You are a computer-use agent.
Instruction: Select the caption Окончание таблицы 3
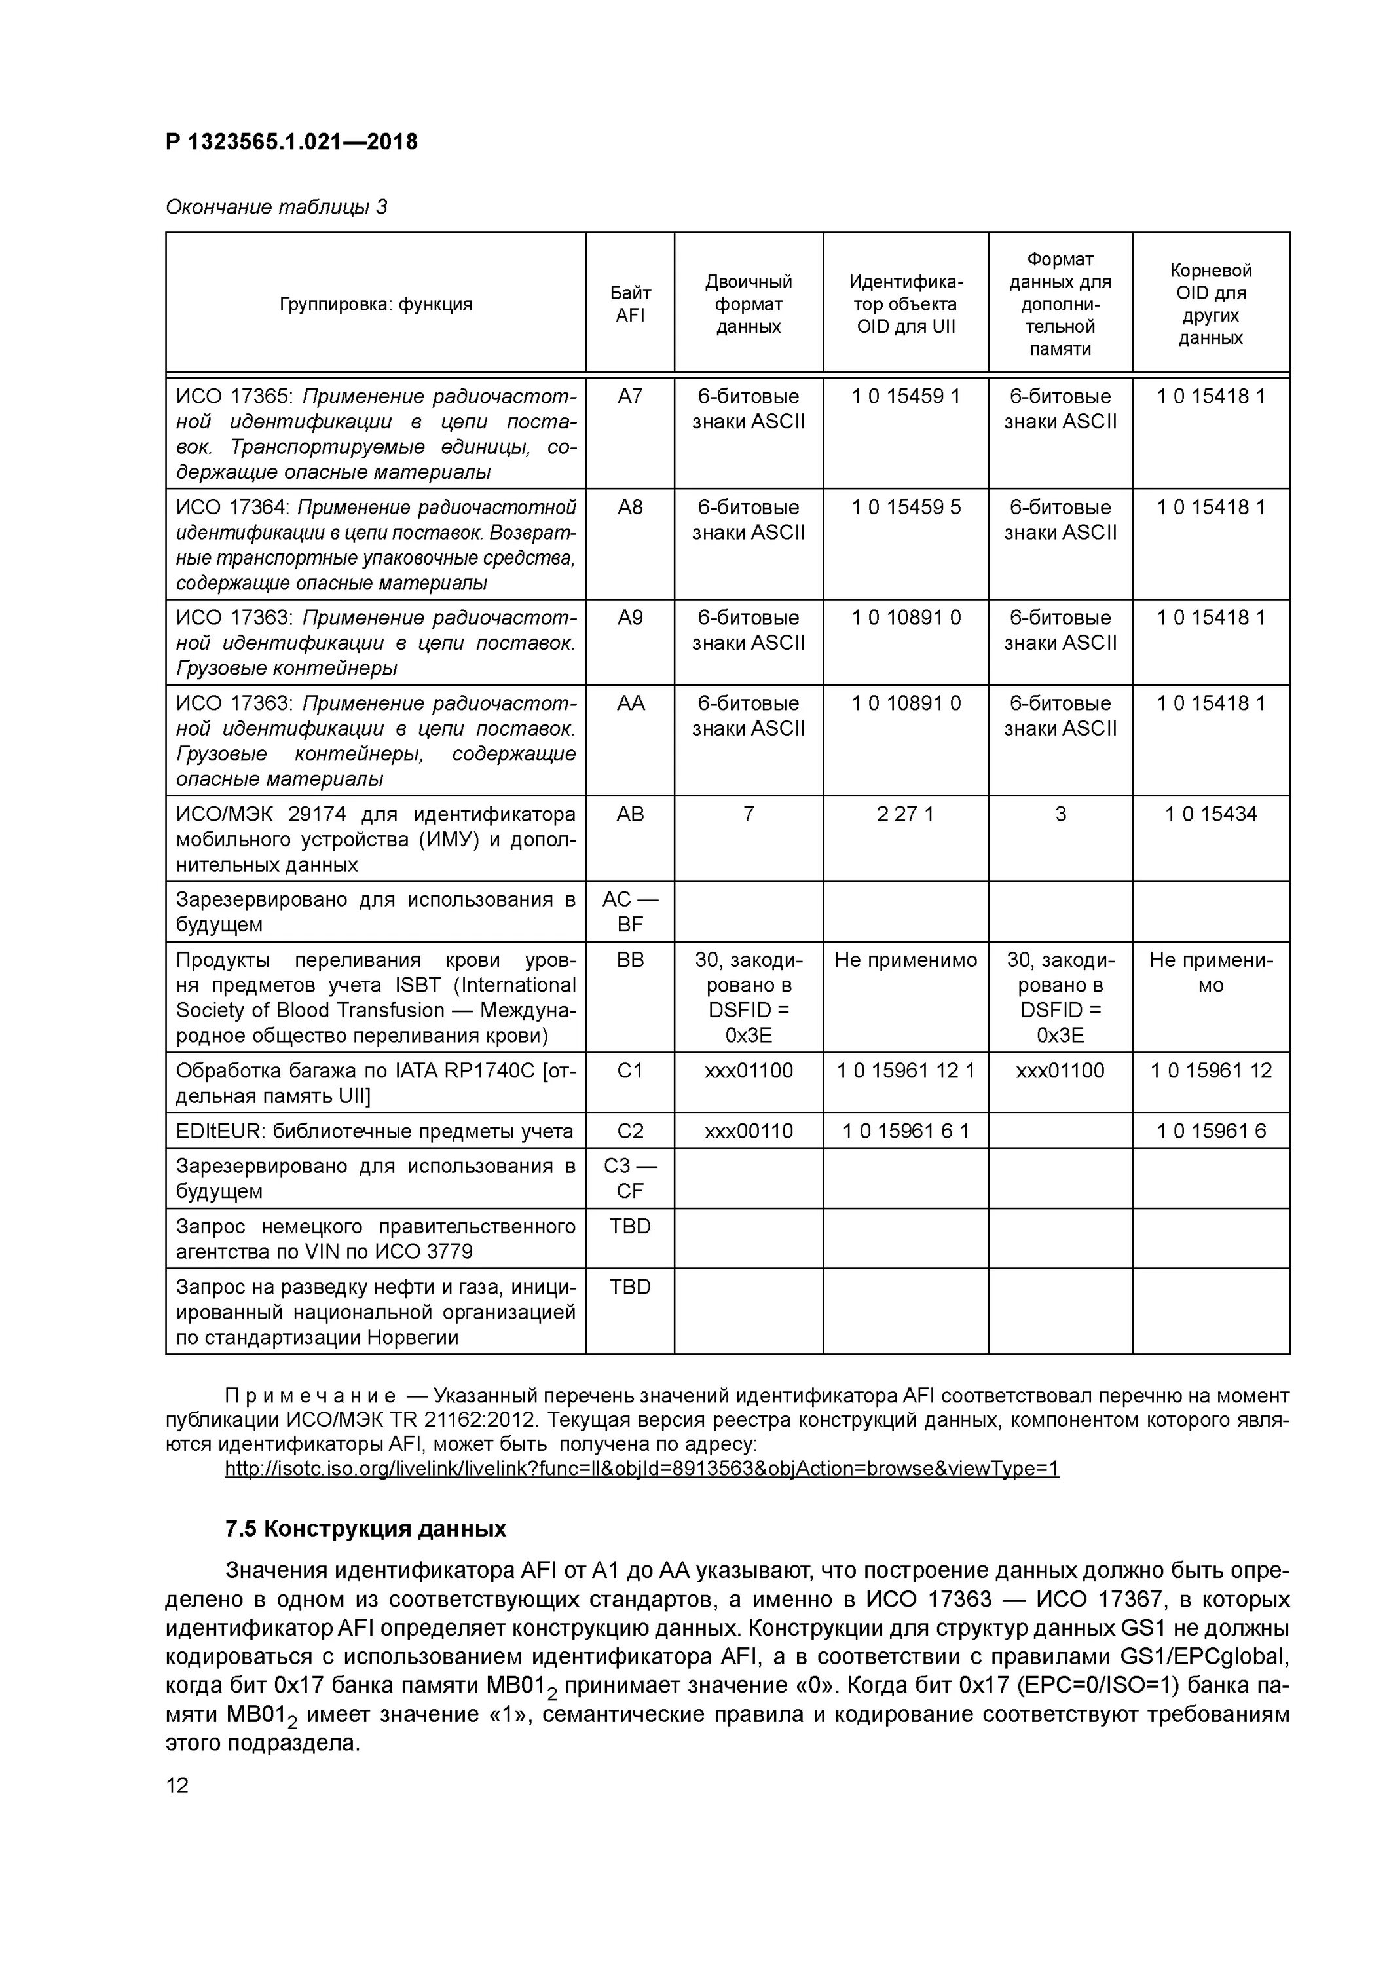click(x=276, y=207)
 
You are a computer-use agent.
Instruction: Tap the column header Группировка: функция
click(x=376, y=304)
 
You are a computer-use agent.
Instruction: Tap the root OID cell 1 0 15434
click(x=1210, y=814)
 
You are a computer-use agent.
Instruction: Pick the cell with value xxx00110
click(x=748, y=1131)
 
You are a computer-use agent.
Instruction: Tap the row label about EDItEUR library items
click(x=374, y=1131)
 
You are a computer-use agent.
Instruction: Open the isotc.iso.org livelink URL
click(x=641, y=1469)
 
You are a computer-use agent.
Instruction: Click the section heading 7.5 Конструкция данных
click(x=365, y=1529)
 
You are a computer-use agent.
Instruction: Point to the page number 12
click(x=177, y=1786)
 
